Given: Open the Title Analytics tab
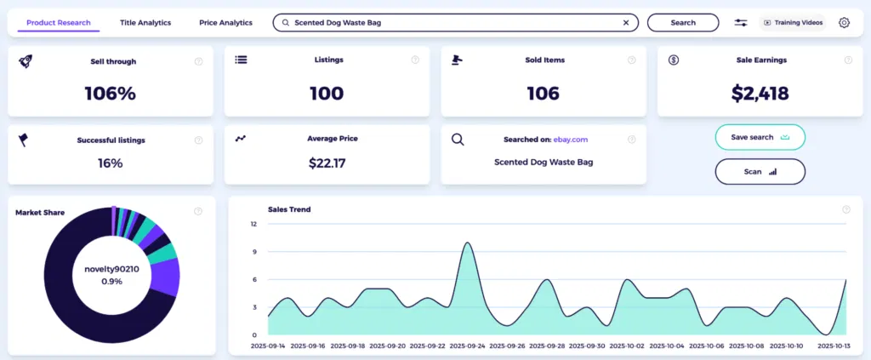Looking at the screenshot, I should pos(145,23).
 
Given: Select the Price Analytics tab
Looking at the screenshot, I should pos(225,23).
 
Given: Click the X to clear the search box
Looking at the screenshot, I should pos(626,23).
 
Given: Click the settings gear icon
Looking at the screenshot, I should pos(844,23).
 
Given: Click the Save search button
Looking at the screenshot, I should pos(760,137).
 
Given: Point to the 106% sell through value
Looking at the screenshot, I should pos(111,94).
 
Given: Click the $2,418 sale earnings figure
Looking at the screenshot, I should pos(760,94).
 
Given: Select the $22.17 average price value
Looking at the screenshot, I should pos(327,163).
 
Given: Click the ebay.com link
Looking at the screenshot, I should pos(571,140).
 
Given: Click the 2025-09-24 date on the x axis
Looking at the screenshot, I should pos(467,346).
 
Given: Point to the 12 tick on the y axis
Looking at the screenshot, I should pos(253,225).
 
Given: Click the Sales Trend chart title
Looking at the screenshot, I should pos(289,209).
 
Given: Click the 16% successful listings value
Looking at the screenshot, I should pos(111,163).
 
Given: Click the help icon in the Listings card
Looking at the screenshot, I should pos(415,60).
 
